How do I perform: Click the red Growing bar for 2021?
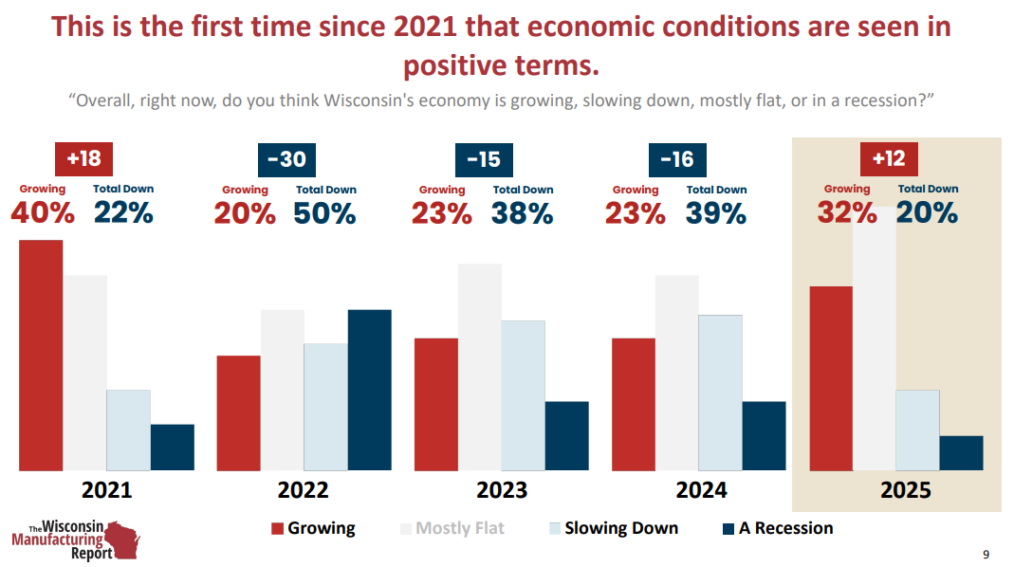tap(41, 355)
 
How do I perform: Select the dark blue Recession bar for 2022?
tap(369, 390)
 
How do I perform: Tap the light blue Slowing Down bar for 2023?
tap(523, 395)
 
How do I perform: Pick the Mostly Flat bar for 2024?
tap(676, 373)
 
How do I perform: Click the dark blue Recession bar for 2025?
tap(961, 453)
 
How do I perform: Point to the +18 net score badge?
tap(83, 158)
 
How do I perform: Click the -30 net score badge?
tap(286, 158)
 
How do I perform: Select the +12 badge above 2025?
tap(889, 158)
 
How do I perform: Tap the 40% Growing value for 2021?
tap(43, 213)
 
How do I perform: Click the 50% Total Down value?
tap(324, 213)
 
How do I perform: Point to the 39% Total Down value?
tap(715, 213)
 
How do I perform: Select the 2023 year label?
tap(502, 490)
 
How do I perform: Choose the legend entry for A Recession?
tap(778, 528)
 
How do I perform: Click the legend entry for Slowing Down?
tap(613, 528)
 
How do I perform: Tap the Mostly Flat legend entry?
tap(452, 528)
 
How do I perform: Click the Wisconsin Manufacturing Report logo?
tap(76, 540)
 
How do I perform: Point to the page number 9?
tap(986, 554)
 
